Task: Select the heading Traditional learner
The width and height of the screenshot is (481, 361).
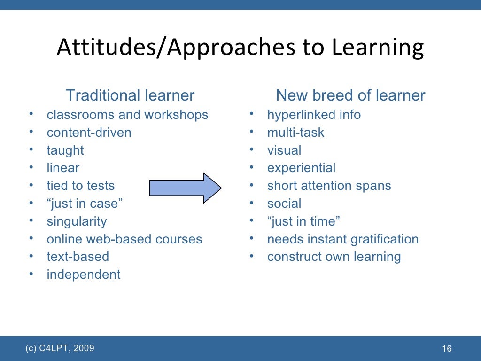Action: (x=130, y=95)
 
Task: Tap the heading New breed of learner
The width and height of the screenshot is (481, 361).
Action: (x=350, y=95)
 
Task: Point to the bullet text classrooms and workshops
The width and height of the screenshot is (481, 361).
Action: (x=127, y=115)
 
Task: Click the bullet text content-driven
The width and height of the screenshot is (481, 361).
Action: (x=89, y=133)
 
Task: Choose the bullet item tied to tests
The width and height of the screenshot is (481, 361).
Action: (x=81, y=186)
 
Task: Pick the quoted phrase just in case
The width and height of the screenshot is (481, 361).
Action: (x=85, y=204)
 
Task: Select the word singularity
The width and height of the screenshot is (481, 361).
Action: (x=77, y=221)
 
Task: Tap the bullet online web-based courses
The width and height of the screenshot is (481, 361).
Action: (x=124, y=239)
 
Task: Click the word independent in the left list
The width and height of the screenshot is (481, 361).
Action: (x=84, y=275)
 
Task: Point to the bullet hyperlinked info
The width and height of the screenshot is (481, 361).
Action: (x=314, y=115)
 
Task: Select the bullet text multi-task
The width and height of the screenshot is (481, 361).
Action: (x=295, y=133)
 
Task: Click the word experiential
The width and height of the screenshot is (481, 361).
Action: (x=301, y=168)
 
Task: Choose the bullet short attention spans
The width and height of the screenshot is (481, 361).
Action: (x=329, y=186)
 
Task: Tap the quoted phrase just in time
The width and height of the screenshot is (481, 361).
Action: (x=303, y=221)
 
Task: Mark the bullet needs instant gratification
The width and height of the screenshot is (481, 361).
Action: (x=342, y=239)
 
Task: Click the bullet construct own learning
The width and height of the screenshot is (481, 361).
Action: (x=334, y=257)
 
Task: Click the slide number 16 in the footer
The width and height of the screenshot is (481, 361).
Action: (x=447, y=349)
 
